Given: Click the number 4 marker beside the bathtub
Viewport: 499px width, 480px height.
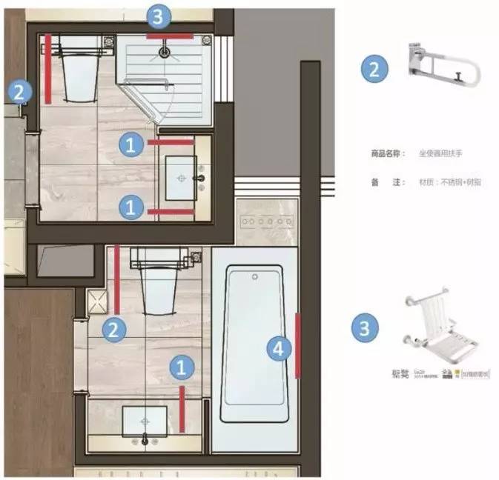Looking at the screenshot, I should click(278, 348).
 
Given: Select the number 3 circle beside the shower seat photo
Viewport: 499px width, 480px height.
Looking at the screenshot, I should click(364, 327).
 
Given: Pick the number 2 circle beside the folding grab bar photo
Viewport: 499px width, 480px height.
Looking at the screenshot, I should click(374, 70).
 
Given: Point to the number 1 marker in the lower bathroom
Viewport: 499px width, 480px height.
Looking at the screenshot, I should click(181, 366).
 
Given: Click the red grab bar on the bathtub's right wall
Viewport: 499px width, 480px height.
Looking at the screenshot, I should click(298, 345).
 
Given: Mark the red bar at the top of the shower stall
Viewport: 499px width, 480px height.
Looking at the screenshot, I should click(169, 35).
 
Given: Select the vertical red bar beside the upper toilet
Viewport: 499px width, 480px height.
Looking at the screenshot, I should click(48, 68).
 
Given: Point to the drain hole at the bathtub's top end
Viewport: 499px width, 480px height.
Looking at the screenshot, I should click(254, 277).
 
